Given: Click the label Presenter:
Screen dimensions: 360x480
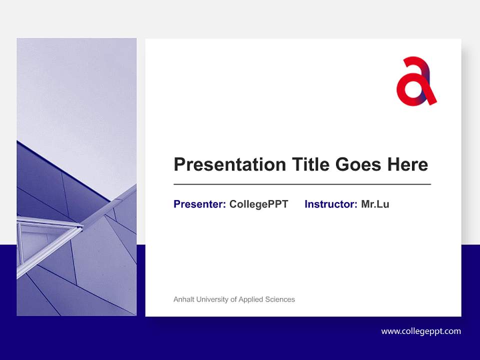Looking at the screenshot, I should (x=199, y=204).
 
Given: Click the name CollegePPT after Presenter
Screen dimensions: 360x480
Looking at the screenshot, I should (x=258, y=204).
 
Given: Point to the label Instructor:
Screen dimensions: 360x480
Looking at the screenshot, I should (x=330, y=204).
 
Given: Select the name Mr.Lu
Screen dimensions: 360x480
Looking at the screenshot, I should (x=375, y=204).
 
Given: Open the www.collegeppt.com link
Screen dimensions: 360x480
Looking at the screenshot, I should (x=421, y=331).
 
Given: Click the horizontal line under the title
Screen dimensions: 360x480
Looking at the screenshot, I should (x=302, y=184).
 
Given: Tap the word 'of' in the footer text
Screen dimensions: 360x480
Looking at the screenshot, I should (x=233, y=299).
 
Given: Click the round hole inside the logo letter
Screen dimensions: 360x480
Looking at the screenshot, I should (x=413, y=88).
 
